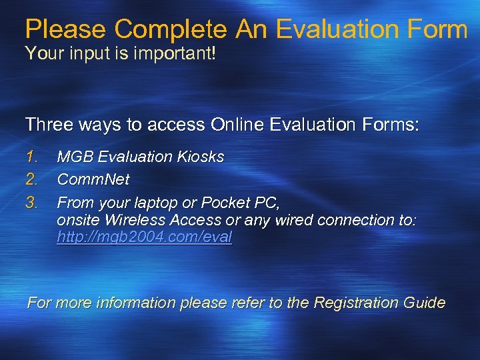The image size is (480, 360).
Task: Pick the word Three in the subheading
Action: coord(49,125)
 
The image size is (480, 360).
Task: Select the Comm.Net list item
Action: coord(93,179)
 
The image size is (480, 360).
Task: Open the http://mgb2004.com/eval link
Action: coord(144,237)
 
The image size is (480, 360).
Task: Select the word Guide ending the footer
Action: coord(425,303)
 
